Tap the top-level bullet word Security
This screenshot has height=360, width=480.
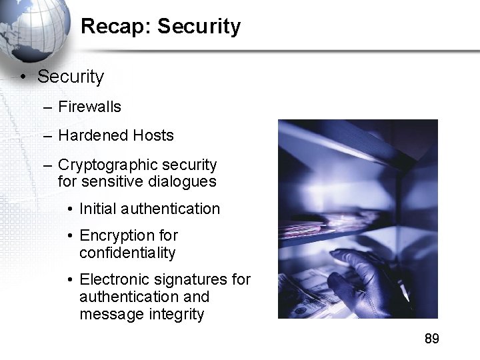coord(71,77)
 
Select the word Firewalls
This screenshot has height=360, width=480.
coord(90,107)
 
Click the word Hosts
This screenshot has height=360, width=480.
coord(153,135)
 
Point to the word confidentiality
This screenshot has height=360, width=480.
coord(127,253)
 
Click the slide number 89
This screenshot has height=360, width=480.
coord(432,339)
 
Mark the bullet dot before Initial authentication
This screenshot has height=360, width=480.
coord(71,209)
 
